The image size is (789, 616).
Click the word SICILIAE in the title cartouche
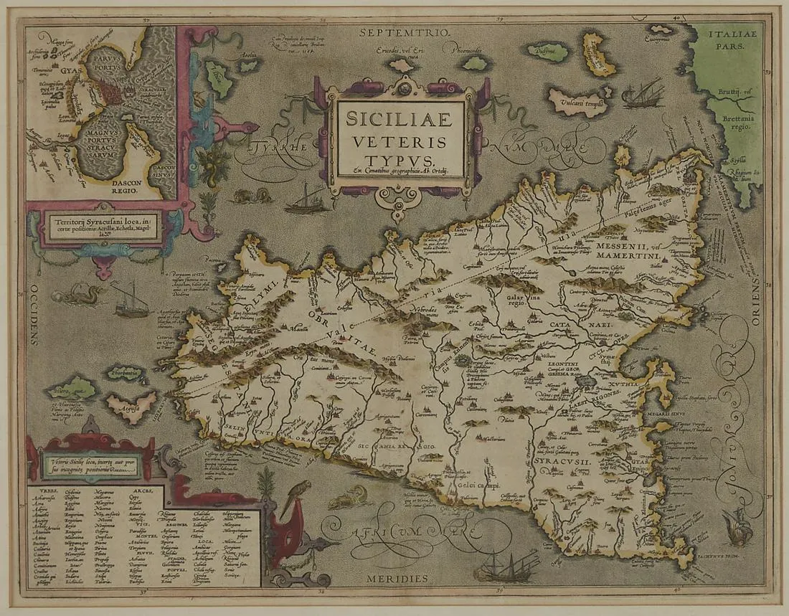click(x=397, y=118)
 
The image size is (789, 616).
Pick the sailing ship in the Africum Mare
click(x=508, y=566)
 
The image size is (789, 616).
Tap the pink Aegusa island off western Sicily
click(x=131, y=406)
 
